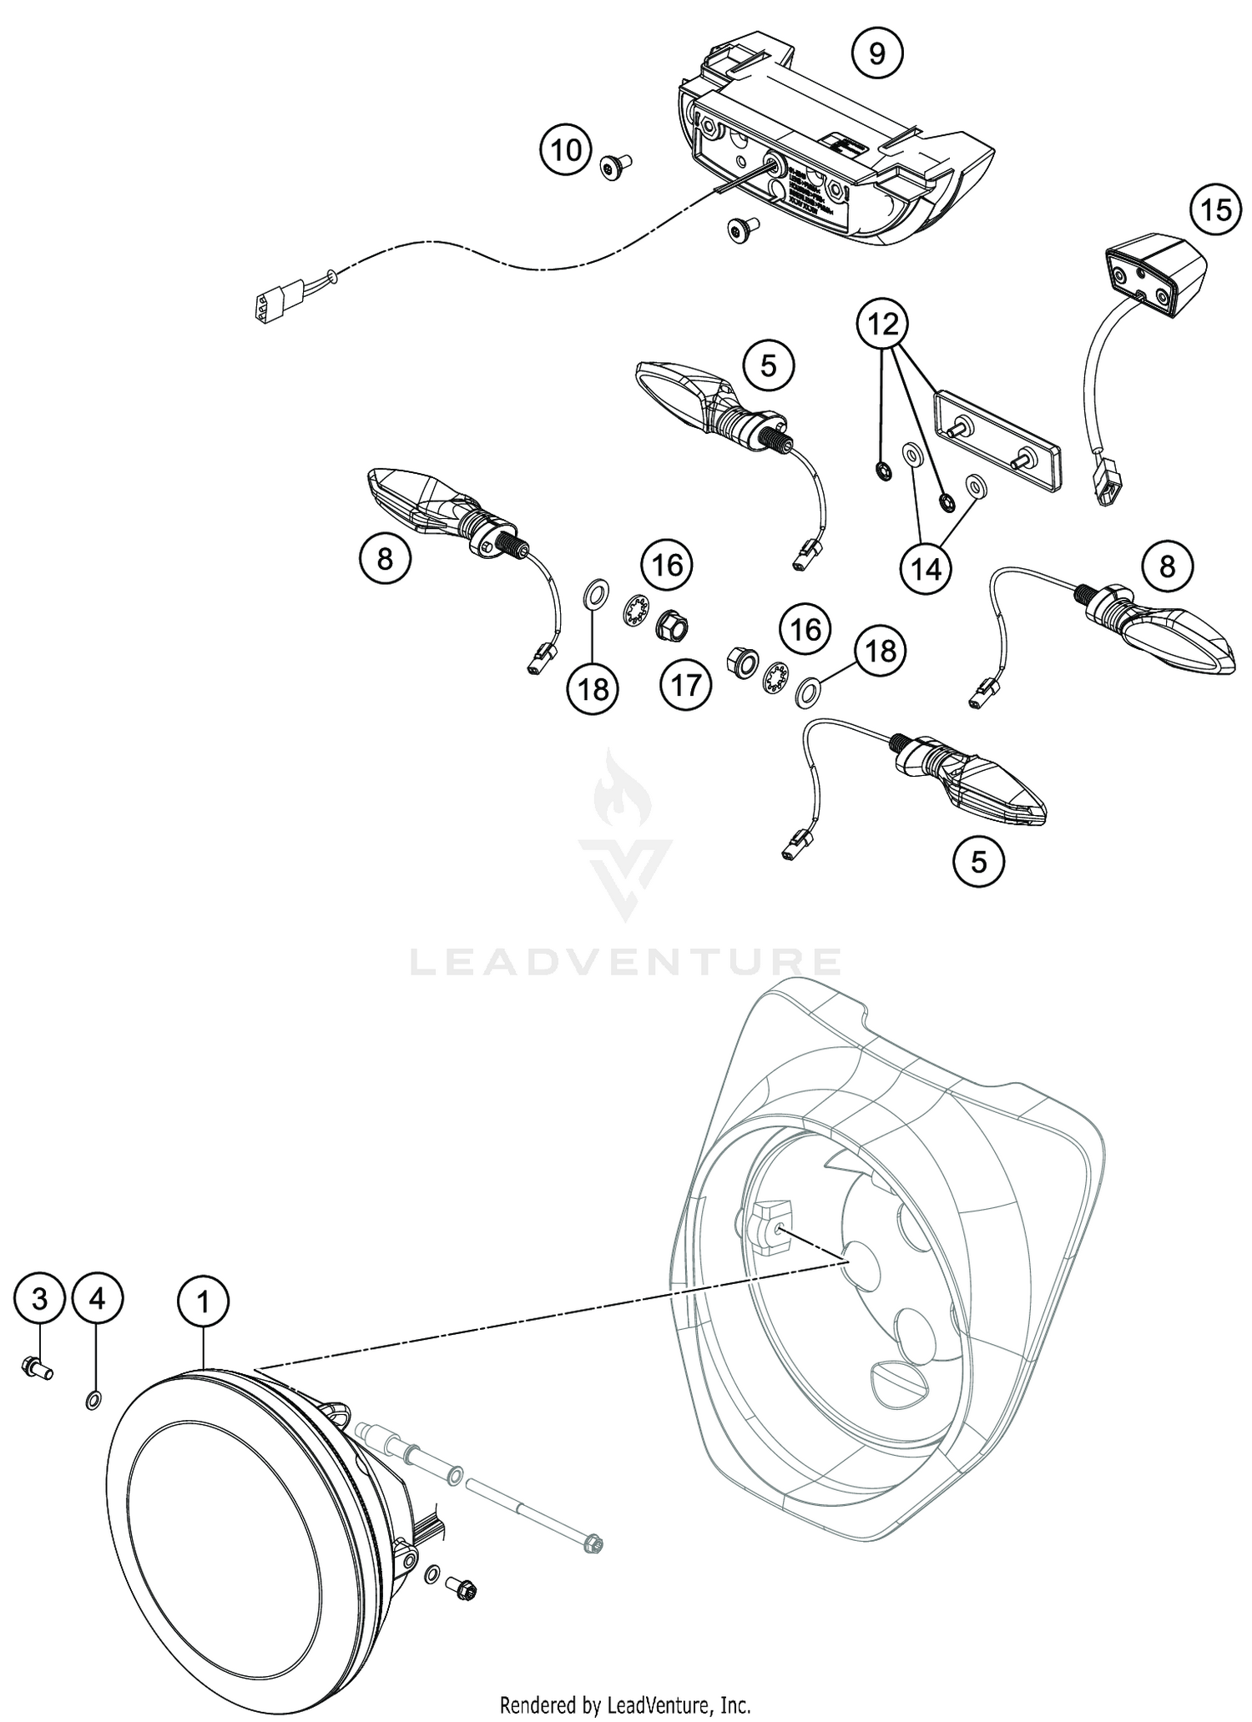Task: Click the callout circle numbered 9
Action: [x=876, y=53]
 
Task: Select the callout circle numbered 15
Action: [x=1215, y=209]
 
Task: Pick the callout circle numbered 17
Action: [x=686, y=685]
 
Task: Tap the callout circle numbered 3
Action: [x=39, y=1298]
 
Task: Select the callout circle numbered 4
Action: [x=98, y=1298]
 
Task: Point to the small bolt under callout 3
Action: [x=37, y=1367]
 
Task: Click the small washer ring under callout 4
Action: [x=94, y=1399]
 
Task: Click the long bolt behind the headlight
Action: [x=534, y=1510]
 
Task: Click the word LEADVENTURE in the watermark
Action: [x=625, y=962]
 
